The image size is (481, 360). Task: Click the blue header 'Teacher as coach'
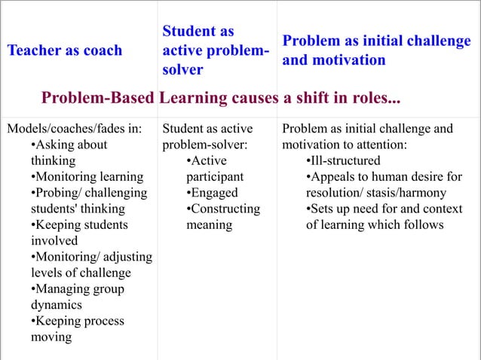point(64,50)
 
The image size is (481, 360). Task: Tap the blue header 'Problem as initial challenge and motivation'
point(377,50)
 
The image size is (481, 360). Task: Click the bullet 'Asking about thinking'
point(68,152)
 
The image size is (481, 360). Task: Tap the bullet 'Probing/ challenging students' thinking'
point(89,200)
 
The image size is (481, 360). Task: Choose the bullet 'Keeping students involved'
point(79,232)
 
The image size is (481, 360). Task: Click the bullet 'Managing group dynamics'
point(78,297)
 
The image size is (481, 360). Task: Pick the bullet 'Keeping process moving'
point(78,329)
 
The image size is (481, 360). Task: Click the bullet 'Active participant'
point(215,169)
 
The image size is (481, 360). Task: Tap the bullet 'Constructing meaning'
point(222,216)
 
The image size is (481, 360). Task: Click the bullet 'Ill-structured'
point(343,160)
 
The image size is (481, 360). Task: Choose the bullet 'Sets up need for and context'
point(384,209)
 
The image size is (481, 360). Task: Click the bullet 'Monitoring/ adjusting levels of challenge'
point(90,264)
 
